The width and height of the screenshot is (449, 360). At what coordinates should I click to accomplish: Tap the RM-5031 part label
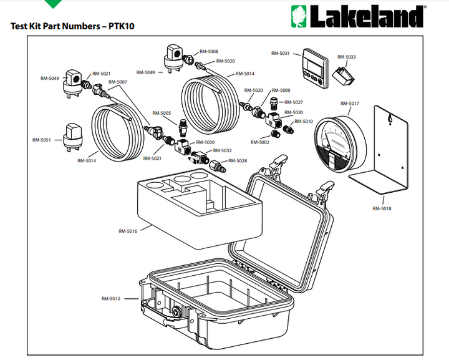pyautogui.click(x=281, y=54)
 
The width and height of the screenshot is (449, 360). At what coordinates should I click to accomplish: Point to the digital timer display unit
pyautogui.click(x=314, y=65)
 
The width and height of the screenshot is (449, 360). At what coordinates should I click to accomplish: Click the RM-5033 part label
pyautogui.click(x=347, y=57)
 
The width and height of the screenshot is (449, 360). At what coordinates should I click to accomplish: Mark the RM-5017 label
pyautogui.click(x=350, y=103)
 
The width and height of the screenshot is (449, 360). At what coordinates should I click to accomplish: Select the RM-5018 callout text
pyautogui.click(x=382, y=208)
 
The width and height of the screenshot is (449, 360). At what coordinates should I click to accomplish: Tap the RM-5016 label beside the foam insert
pyautogui.click(x=127, y=231)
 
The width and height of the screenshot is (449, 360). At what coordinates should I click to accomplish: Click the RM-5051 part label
pyautogui.click(x=42, y=140)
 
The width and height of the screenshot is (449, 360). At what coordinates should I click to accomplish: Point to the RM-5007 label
pyautogui.click(x=118, y=82)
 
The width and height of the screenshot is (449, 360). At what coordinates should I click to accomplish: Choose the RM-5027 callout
pyautogui.click(x=294, y=102)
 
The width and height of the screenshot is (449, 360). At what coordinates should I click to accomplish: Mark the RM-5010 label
pyautogui.click(x=304, y=121)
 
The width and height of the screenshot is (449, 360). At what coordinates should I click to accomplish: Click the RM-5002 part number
pyautogui.click(x=260, y=142)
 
